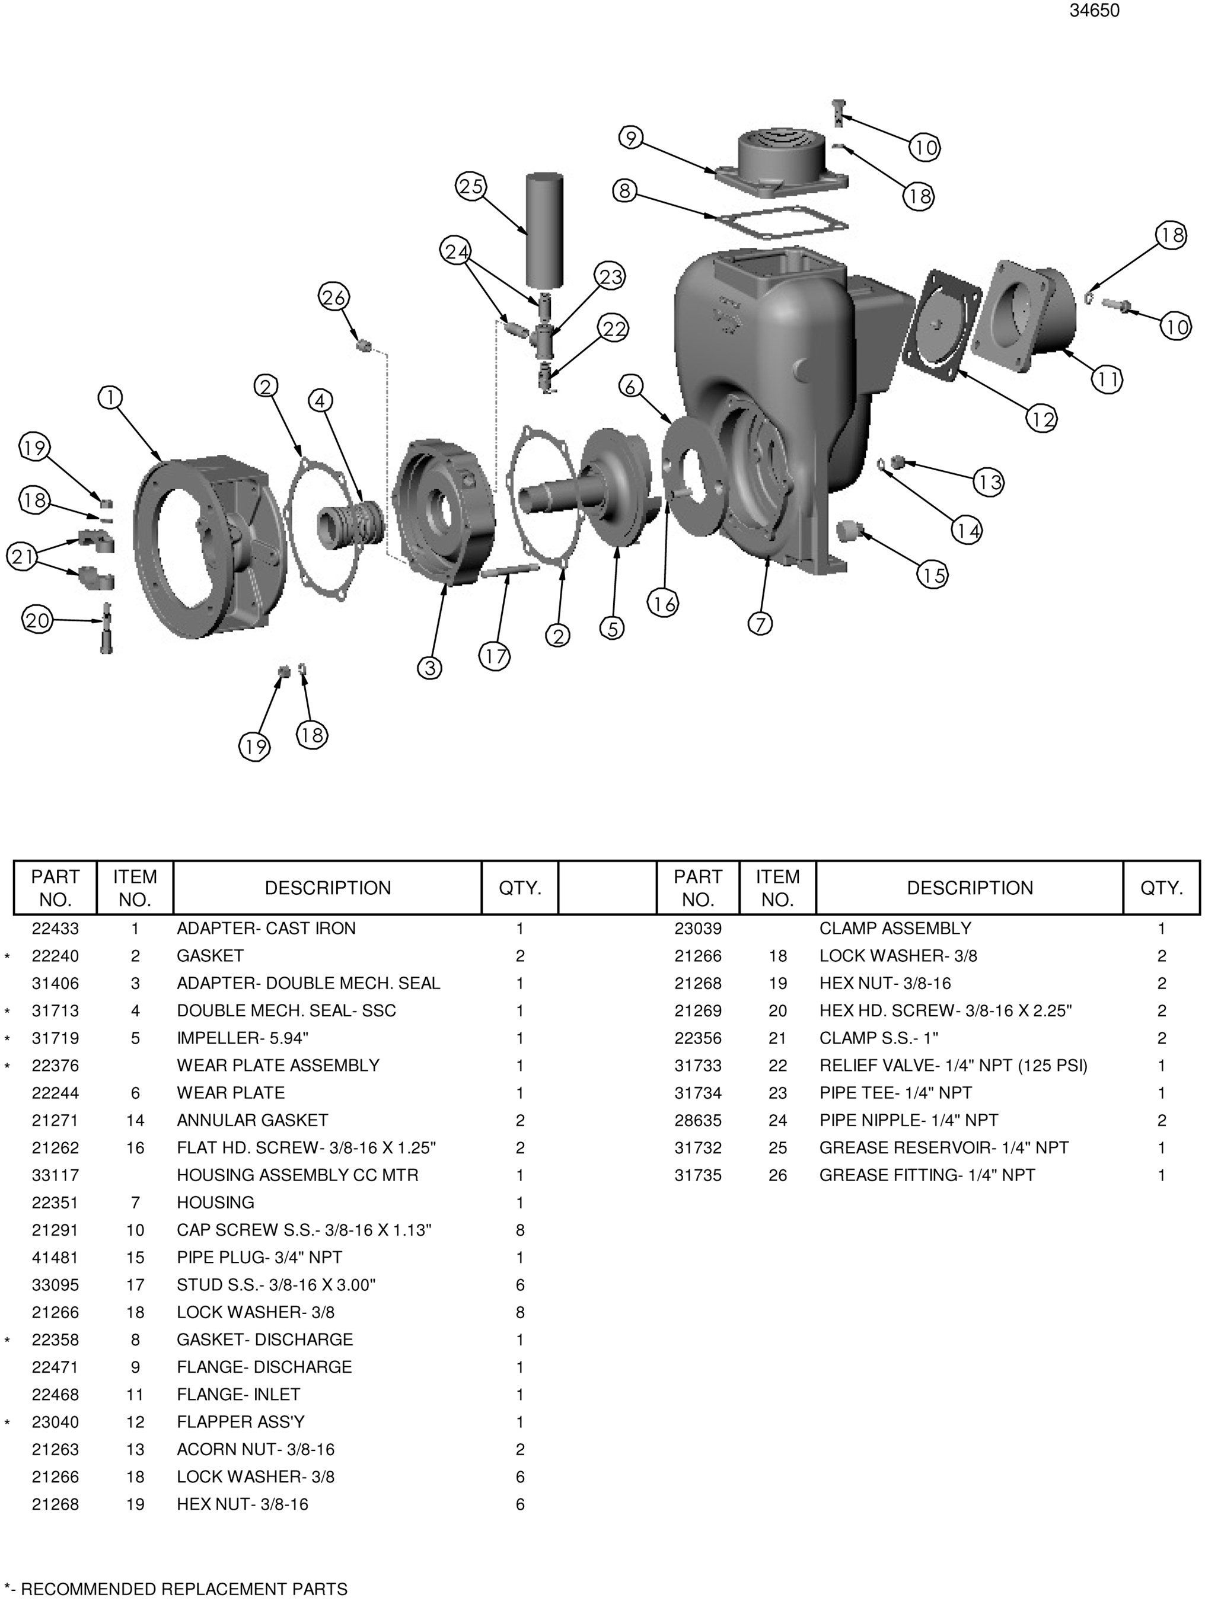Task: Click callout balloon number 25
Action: [x=470, y=187]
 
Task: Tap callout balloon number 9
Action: [x=631, y=138]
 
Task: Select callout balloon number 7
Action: [x=760, y=623]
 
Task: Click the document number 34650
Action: [x=1094, y=11]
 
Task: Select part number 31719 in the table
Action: [x=55, y=1038]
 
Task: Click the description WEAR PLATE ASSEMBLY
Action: [x=278, y=1066]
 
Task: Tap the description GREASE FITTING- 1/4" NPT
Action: [x=926, y=1175]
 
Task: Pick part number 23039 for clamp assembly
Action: [x=697, y=928]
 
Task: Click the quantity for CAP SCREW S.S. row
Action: [x=519, y=1230]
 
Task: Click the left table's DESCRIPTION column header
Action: [x=327, y=888]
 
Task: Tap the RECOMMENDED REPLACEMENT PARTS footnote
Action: [x=176, y=1589]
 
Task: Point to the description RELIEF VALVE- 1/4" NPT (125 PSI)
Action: [x=952, y=1066]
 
